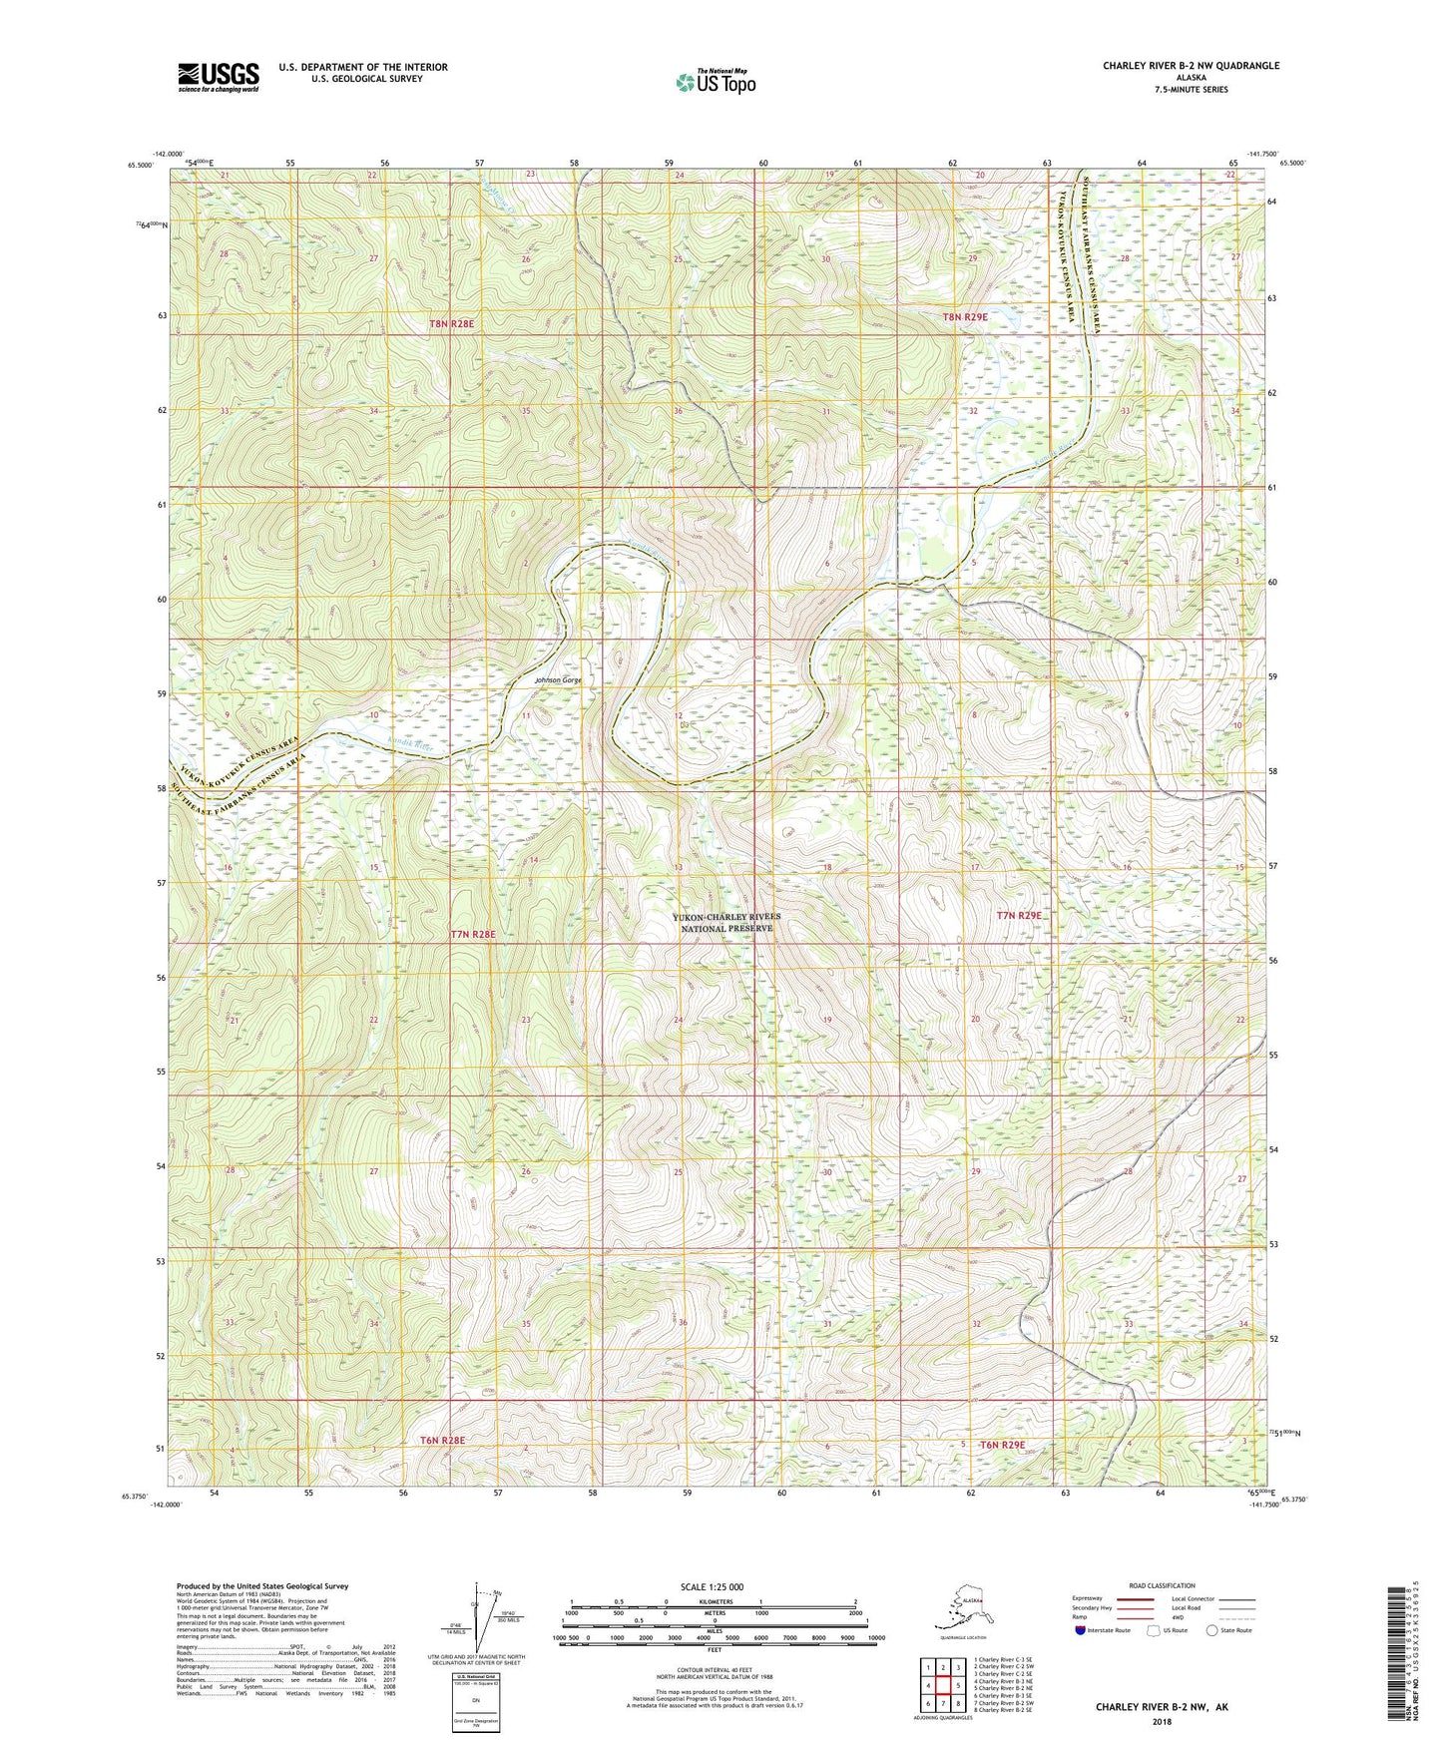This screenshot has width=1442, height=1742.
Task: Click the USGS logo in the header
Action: point(218,77)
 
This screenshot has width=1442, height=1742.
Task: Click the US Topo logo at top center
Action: point(715,82)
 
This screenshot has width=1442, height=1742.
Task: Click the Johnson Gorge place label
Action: point(558,680)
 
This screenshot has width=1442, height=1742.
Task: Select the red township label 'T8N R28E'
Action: point(451,324)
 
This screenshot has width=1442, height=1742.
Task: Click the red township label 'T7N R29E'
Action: point(1019,915)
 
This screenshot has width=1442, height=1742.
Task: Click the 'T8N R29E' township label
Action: point(965,317)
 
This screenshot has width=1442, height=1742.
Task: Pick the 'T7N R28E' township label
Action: point(473,934)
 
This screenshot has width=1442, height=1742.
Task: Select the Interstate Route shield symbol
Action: point(1082,1630)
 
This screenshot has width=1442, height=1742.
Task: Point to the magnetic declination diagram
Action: point(486,1616)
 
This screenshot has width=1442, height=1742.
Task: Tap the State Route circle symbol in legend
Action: point(1212,1630)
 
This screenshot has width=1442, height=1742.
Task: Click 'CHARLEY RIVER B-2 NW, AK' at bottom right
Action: point(1162,1707)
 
